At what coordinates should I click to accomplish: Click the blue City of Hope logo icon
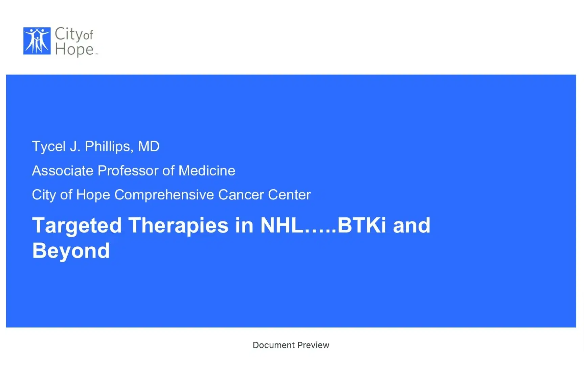pos(37,41)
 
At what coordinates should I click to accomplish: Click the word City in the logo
pos(69,34)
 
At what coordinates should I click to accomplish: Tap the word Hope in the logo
pos(74,49)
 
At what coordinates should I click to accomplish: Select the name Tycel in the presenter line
pos(49,147)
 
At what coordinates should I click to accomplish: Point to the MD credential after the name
pos(149,147)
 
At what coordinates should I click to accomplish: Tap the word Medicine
pos(207,171)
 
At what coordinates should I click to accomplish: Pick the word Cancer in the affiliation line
pos(241,195)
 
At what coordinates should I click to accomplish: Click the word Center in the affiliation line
pos(289,195)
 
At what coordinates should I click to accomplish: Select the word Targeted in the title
pos(77,225)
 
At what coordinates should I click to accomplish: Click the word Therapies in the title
pos(178,225)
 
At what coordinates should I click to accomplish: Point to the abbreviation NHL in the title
pos(282,225)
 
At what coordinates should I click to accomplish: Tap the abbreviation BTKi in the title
pos(361,225)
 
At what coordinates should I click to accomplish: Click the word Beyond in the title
pos(71,251)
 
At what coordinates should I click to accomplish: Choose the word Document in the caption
pos(274,345)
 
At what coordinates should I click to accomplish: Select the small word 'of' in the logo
pos(88,35)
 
